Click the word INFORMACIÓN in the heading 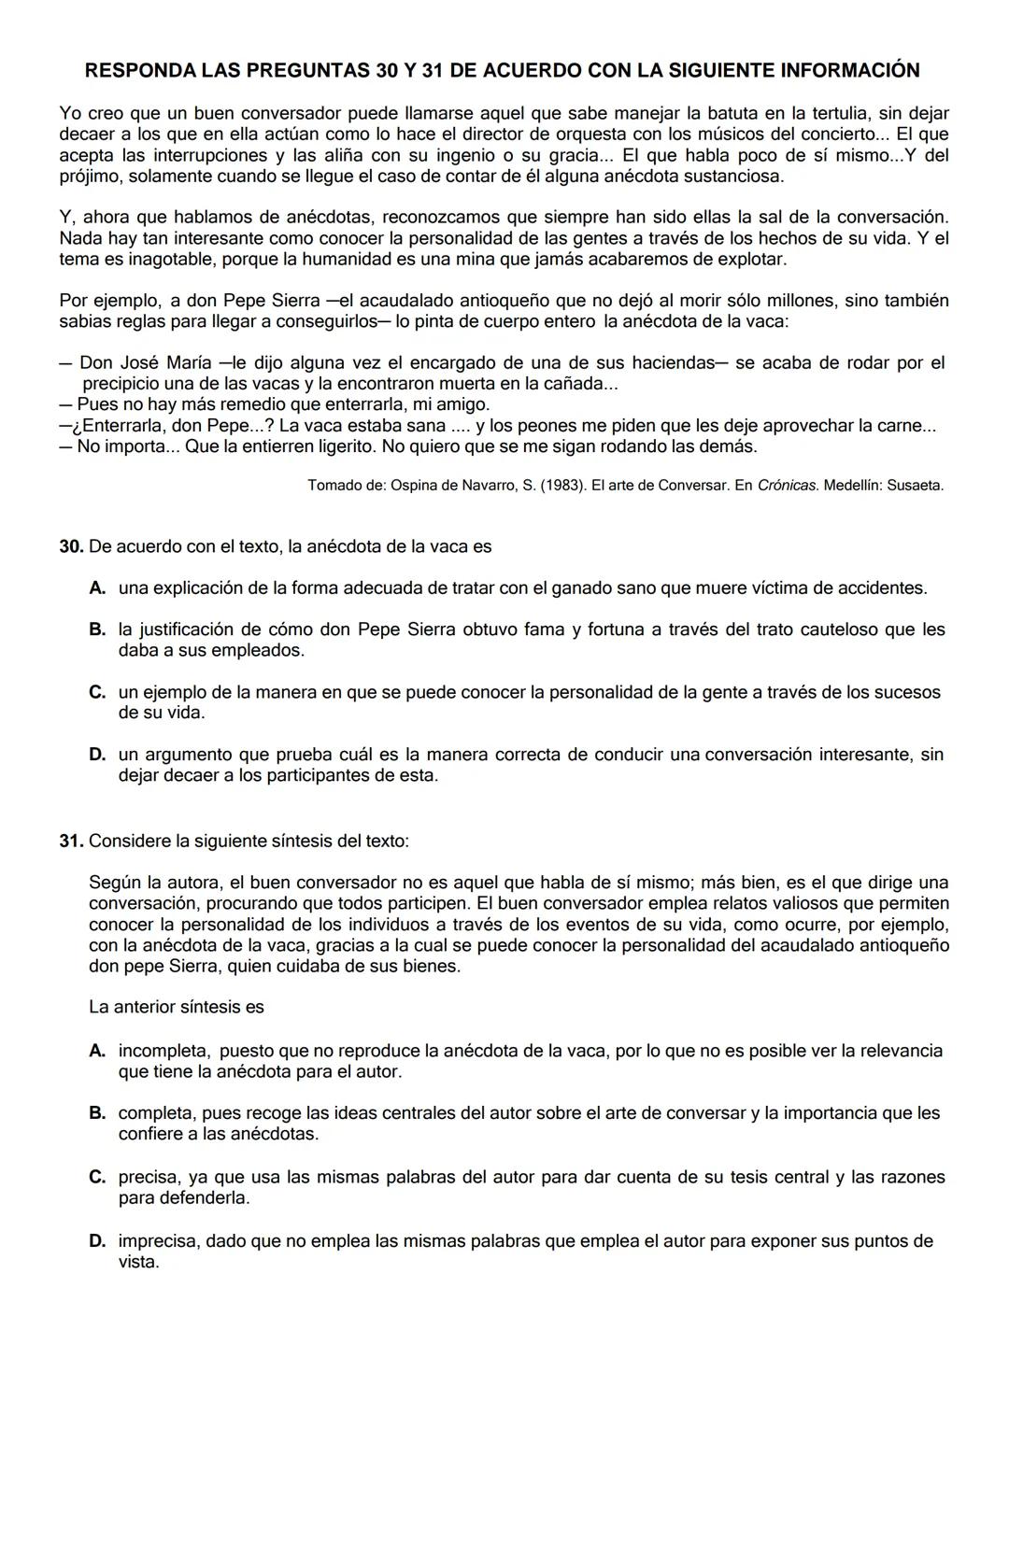(x=849, y=70)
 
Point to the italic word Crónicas (x=789, y=486)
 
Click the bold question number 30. (x=71, y=547)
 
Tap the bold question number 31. (x=71, y=842)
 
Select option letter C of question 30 (x=97, y=693)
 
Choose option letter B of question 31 (x=97, y=1113)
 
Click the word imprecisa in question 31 (x=157, y=1242)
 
